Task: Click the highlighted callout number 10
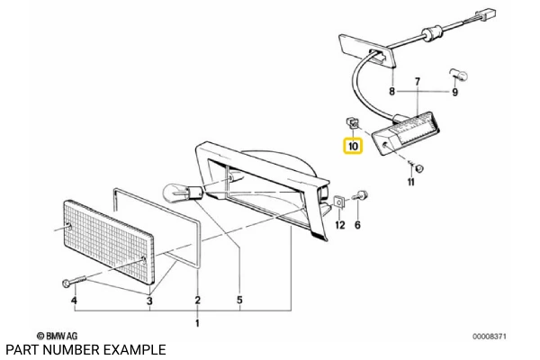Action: tap(352, 144)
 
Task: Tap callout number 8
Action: tap(392, 92)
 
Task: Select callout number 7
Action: tap(418, 81)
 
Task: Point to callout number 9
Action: tap(454, 92)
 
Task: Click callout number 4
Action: tap(75, 300)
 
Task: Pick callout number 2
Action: tap(198, 300)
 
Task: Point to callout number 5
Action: tap(239, 300)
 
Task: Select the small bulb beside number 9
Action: tap(454, 71)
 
